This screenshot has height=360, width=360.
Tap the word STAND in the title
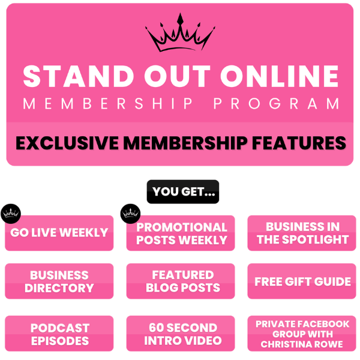click(x=79, y=76)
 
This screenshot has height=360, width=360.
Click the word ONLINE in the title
click(x=280, y=76)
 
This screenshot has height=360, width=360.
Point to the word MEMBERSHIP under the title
click(x=108, y=104)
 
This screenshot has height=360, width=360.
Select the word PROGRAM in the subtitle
click(x=277, y=104)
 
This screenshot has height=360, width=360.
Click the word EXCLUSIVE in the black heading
click(x=67, y=143)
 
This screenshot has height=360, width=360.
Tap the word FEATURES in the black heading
click(x=299, y=143)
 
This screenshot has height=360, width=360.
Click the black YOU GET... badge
click(x=183, y=192)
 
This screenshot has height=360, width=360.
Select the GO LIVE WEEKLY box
click(x=59, y=233)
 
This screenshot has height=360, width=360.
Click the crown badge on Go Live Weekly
click(x=11, y=214)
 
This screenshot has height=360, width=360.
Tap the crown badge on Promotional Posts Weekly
click(x=130, y=214)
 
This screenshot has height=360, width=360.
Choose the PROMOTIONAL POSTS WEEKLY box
click(x=181, y=233)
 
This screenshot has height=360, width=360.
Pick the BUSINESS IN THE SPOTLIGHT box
click(x=302, y=233)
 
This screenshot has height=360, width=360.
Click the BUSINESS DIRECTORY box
click(x=59, y=281)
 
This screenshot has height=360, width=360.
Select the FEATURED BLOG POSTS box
click(x=181, y=281)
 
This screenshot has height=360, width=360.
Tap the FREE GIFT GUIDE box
click(x=302, y=281)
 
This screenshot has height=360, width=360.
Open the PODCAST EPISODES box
click(x=59, y=334)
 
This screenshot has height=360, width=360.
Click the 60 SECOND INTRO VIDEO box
click(x=181, y=334)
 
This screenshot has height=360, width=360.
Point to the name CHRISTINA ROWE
click(x=302, y=344)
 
